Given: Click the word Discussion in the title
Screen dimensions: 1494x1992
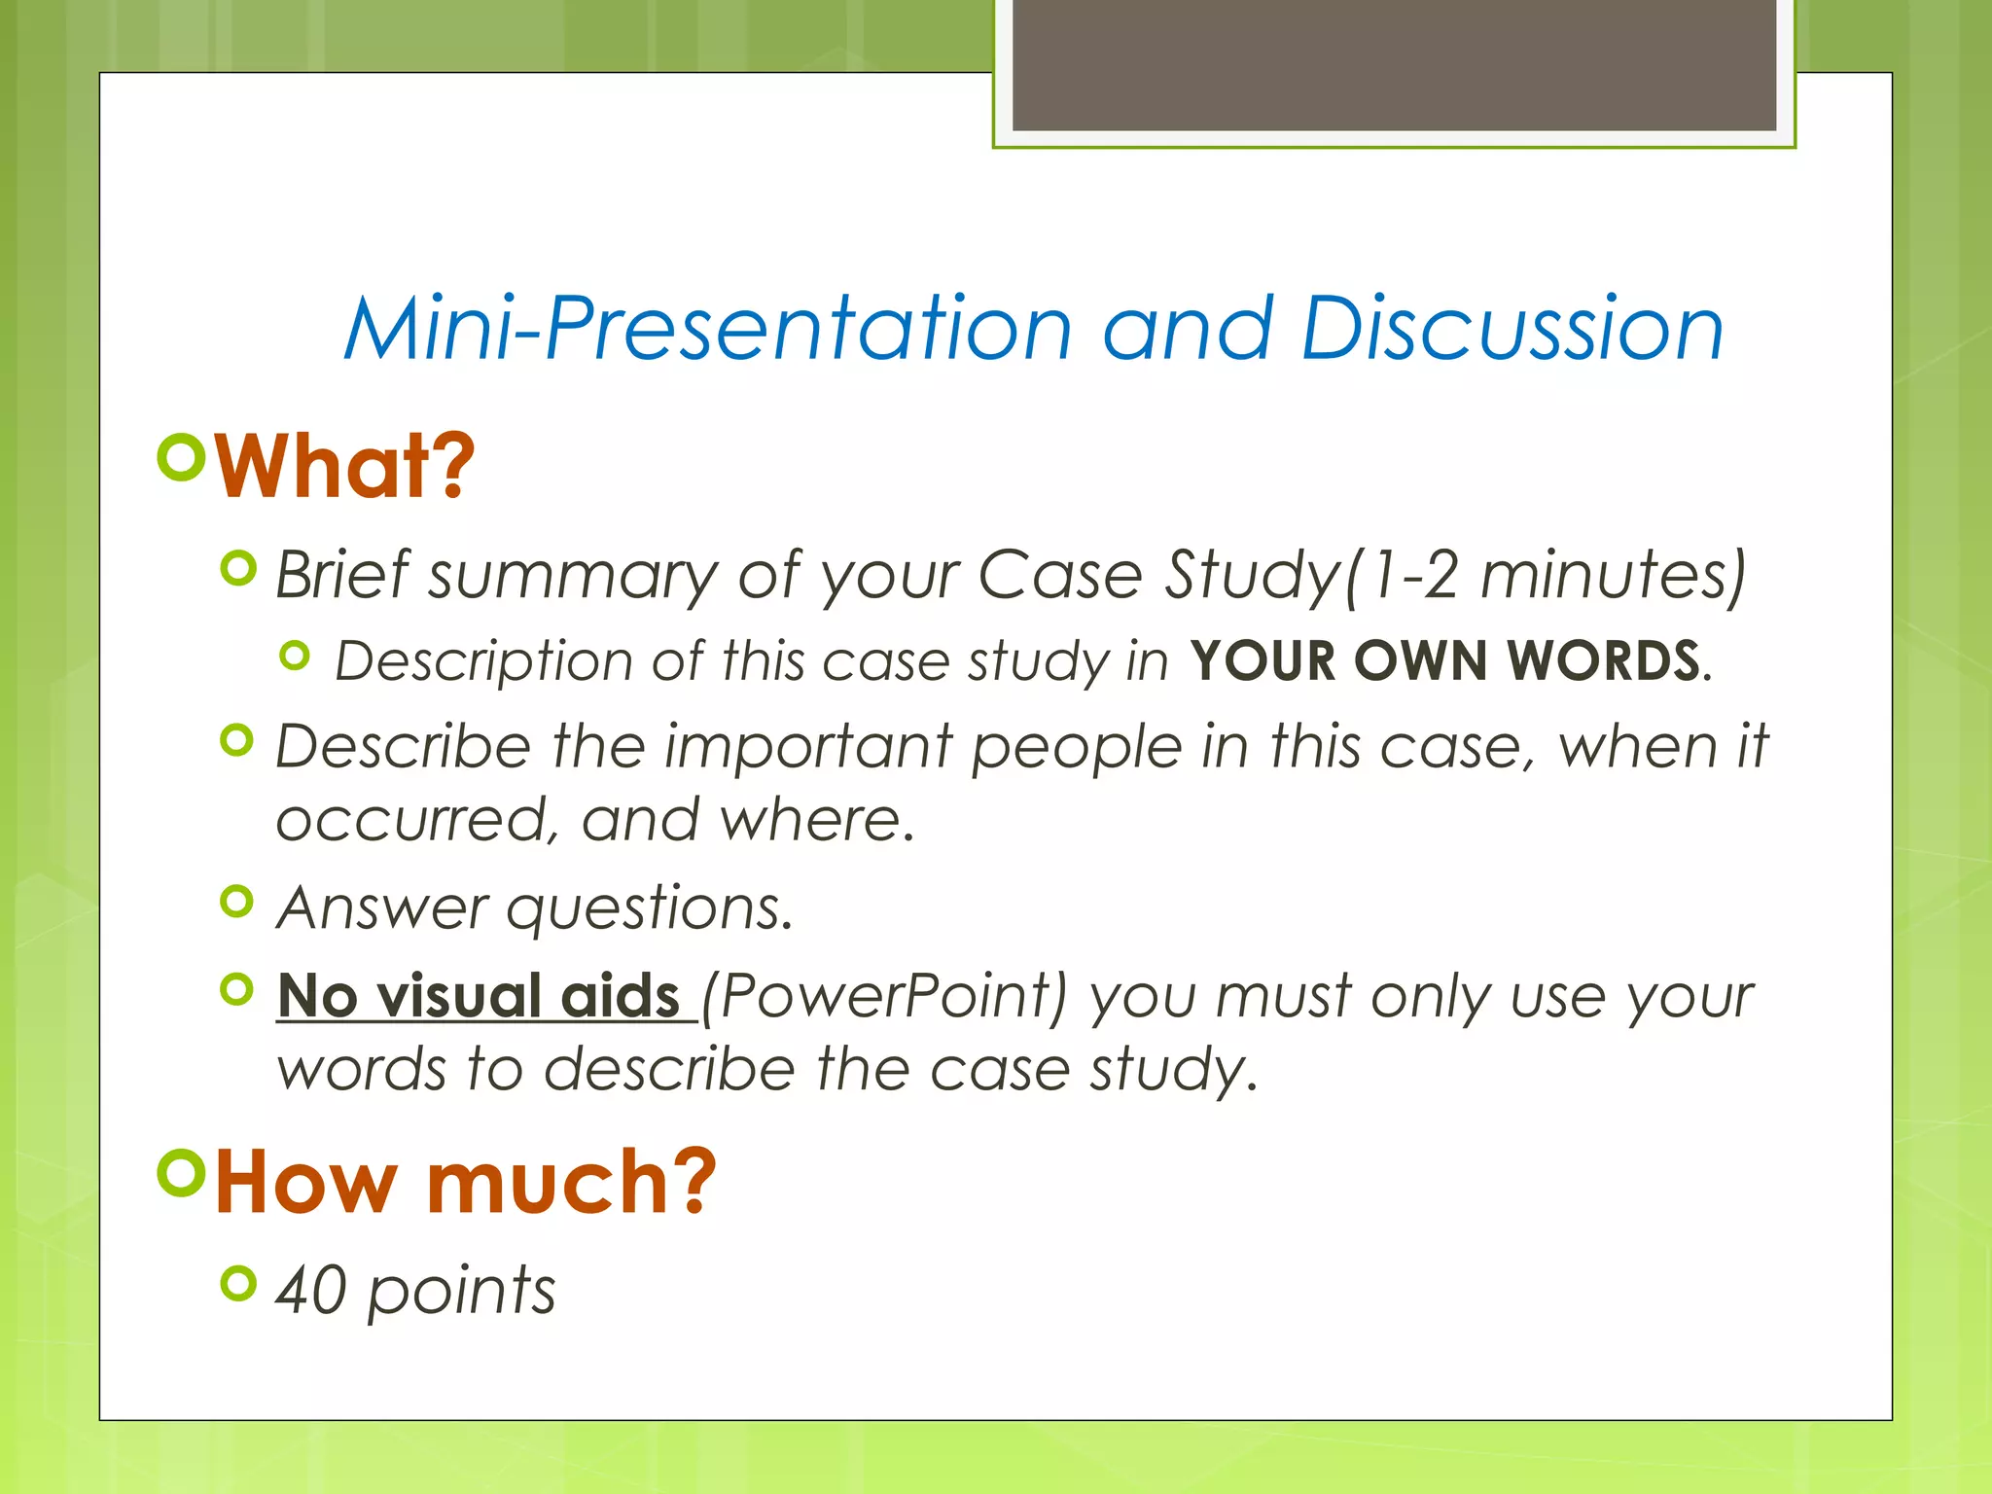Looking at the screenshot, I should click(x=1512, y=329).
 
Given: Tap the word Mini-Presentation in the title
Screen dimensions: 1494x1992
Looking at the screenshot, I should click(x=708, y=329).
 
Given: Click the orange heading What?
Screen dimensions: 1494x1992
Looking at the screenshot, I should click(x=344, y=467).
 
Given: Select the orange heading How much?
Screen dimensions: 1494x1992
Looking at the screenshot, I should click(x=465, y=1183).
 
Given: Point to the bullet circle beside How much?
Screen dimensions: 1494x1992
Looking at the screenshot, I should click(x=182, y=1172).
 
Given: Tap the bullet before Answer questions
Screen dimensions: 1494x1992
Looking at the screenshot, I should click(x=237, y=902).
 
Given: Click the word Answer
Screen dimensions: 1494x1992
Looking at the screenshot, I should click(x=381, y=908).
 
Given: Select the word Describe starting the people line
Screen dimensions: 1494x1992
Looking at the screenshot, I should click(x=403, y=747).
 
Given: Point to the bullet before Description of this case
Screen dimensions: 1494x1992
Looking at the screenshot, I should click(x=294, y=657).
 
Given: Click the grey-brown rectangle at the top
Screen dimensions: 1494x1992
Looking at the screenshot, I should click(x=1393, y=64).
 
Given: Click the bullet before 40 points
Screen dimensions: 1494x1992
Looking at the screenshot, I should click(x=237, y=1283).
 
